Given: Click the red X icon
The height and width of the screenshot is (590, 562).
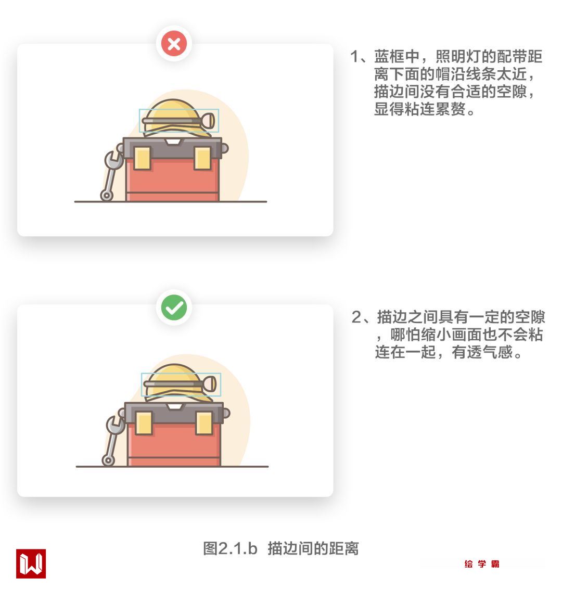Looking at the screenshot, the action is coord(174,44).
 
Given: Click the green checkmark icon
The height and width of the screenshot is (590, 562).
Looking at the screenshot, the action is coord(174,307).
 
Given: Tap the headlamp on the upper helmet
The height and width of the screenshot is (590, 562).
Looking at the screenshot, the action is coord(208,121).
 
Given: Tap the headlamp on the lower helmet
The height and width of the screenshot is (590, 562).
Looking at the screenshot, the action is coord(209,384).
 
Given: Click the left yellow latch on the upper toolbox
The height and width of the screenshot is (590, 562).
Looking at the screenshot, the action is coord(142,158).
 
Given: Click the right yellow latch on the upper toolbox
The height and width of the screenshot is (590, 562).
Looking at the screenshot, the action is coord(202,158).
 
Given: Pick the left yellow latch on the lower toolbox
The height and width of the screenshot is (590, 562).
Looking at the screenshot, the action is coord(144,423).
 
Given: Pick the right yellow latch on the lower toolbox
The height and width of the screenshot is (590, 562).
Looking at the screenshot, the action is coord(204,423).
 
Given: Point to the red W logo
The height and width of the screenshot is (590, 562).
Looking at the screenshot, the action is coord(31,563).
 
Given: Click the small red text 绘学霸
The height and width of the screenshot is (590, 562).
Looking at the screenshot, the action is coord(482,563).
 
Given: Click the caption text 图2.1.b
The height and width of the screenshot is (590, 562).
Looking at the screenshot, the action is coord(230,548).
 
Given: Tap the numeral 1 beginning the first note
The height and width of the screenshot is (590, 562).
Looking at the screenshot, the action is coord(354,56).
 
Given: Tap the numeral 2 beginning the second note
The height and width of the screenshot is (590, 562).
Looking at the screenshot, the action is coord(356,317).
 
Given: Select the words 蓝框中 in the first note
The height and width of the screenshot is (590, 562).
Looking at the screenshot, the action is coord(397,56).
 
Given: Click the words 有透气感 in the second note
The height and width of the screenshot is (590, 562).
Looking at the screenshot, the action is coord(482,352).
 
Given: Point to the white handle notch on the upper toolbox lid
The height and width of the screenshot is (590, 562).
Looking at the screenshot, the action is coord(173,142).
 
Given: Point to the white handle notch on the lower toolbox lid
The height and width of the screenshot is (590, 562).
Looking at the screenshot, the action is coord(175,406).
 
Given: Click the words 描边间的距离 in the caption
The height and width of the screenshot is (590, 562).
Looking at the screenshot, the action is coord(313,548).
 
